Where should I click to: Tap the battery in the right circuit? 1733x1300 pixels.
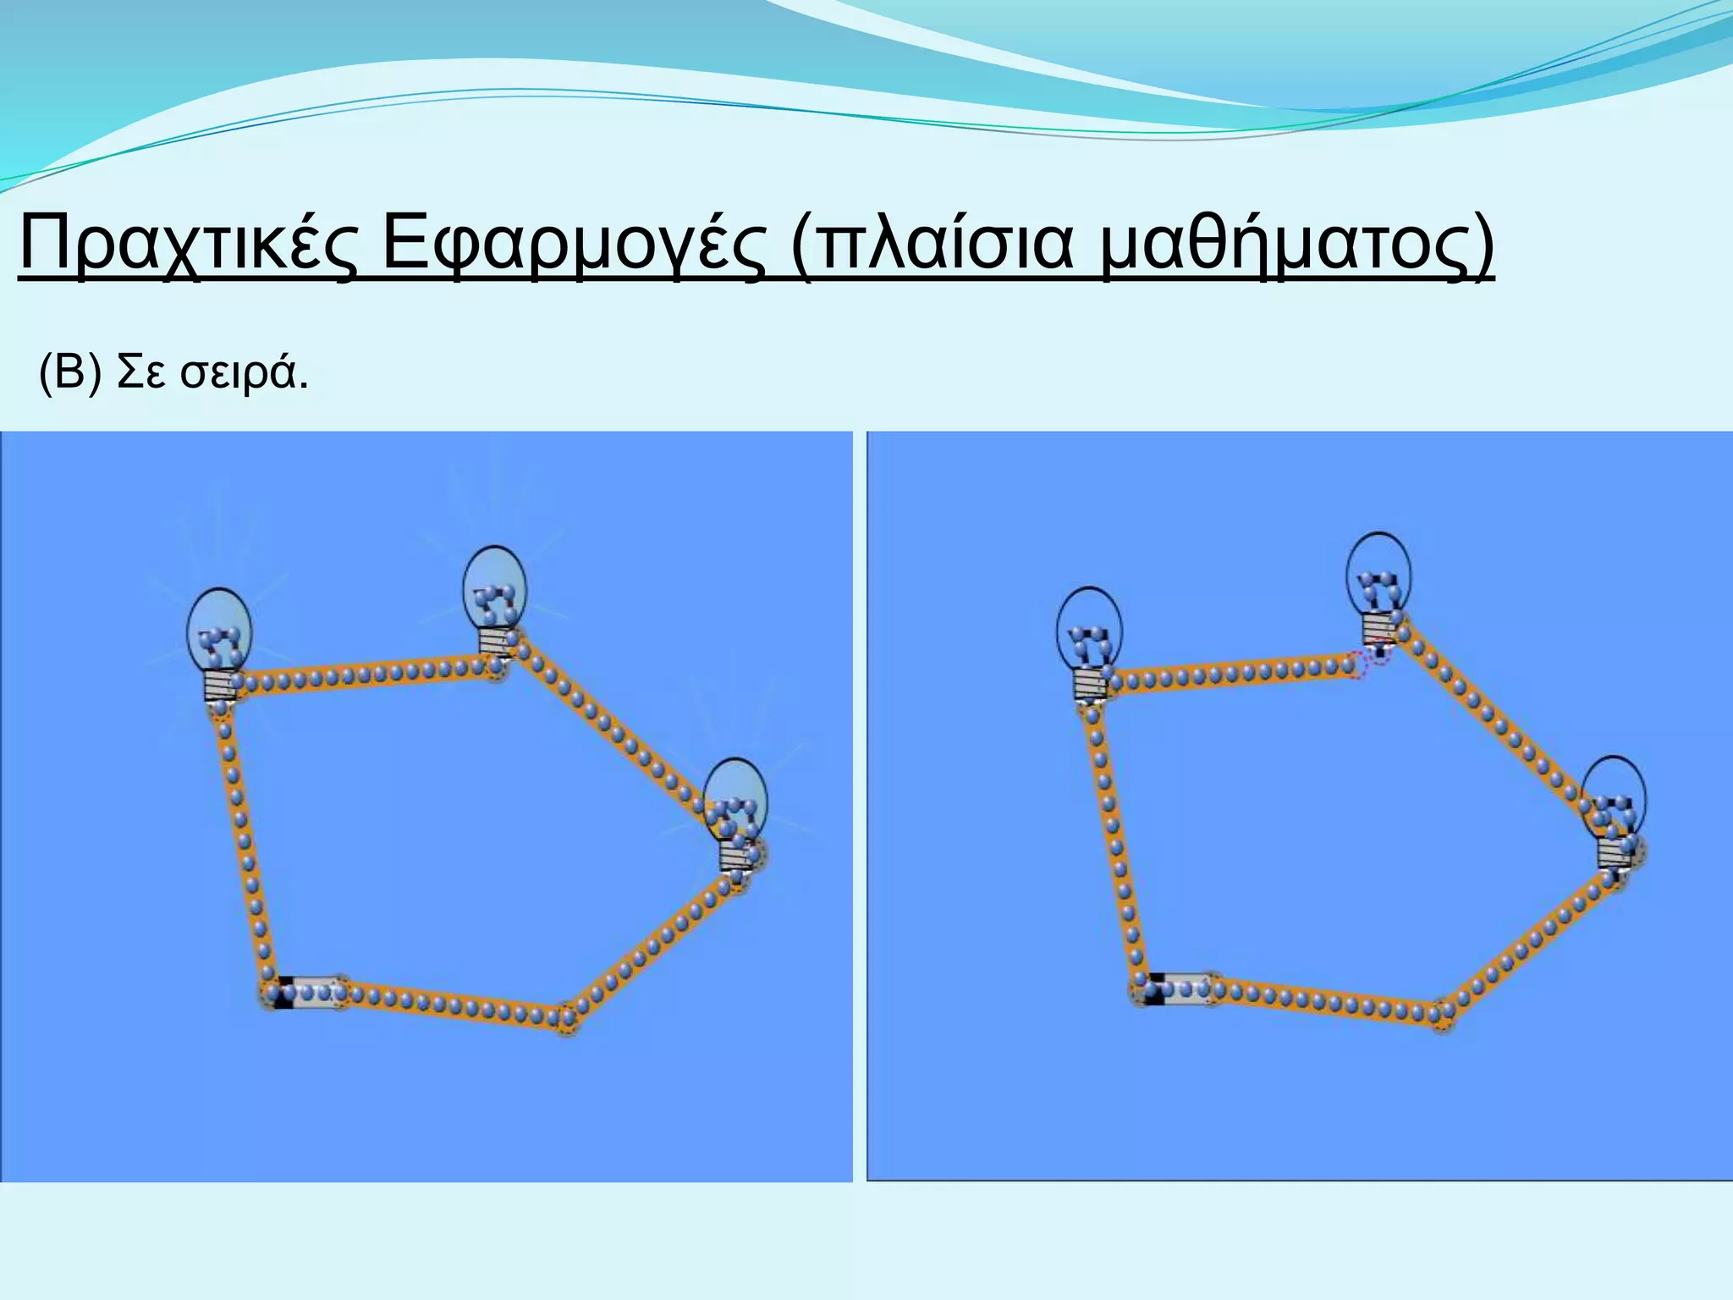point(1177,989)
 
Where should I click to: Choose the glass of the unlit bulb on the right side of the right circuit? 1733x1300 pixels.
point(1615,796)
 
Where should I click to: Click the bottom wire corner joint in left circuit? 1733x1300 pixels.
point(566,1019)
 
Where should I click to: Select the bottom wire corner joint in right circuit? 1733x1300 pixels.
point(1442,1016)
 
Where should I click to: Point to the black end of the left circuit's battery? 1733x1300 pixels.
point(283,992)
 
